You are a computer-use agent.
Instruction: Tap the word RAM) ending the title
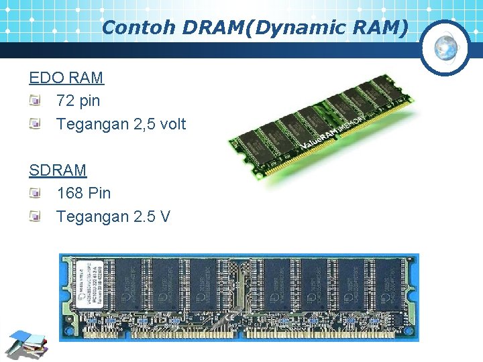[384, 27]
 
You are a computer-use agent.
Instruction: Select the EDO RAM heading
[66, 77]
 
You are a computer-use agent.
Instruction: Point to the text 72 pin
[78, 101]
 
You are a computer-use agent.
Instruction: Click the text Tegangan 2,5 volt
[121, 124]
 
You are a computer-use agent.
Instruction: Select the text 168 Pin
[84, 193]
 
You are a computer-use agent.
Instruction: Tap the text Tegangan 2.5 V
[113, 217]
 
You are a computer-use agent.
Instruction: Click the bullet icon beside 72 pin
[35, 101]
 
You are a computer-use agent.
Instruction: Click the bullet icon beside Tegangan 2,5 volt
[35, 124]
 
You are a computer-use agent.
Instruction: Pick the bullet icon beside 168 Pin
[35, 194]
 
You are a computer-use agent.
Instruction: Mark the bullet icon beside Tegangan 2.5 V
[35, 217]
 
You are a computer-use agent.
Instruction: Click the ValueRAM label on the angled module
[321, 134]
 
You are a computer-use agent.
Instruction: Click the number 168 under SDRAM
[70, 193]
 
